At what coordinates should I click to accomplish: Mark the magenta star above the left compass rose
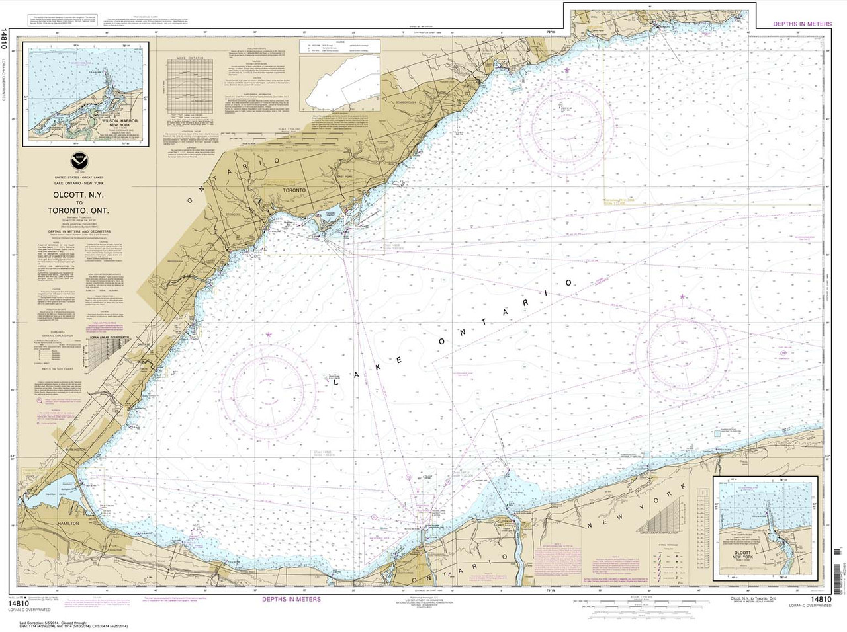point(269,335)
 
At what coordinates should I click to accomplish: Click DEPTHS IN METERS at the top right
point(800,24)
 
